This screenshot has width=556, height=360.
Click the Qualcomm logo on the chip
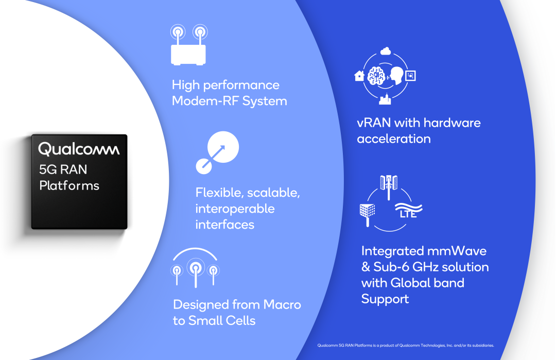click(x=79, y=149)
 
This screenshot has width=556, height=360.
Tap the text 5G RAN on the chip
click(x=63, y=169)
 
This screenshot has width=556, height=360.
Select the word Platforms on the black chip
click(x=69, y=185)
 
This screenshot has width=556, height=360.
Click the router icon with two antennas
click(x=188, y=45)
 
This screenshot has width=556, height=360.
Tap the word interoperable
click(x=235, y=209)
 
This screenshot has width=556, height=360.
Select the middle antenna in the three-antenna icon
click(x=196, y=272)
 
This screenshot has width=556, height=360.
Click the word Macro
click(x=282, y=305)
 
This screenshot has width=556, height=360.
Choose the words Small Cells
click(x=221, y=321)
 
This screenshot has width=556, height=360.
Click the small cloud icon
click(x=386, y=51)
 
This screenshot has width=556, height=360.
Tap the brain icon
click(x=376, y=76)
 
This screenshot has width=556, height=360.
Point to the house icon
click(x=359, y=76)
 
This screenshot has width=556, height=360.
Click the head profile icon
click(x=396, y=76)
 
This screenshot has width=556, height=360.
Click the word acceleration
click(x=394, y=139)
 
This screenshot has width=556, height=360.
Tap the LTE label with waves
click(x=408, y=211)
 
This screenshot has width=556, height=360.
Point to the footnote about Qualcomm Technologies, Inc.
click(x=406, y=346)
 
